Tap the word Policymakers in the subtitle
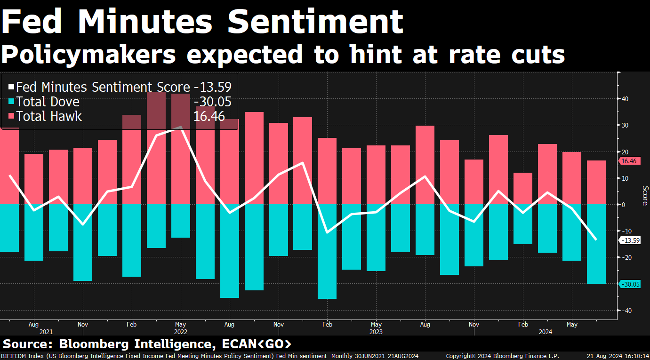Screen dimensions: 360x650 tap(88, 55)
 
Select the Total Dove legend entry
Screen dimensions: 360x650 tap(48, 102)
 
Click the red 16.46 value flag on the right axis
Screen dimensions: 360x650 tap(628, 161)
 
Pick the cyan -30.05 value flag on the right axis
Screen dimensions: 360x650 tap(630, 284)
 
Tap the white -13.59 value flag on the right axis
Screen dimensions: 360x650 tap(630, 240)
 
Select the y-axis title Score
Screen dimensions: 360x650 tap(645, 196)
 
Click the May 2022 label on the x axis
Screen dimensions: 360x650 tap(181, 324)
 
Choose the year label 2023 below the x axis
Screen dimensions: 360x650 tap(376, 332)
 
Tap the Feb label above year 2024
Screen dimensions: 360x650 tap(523, 324)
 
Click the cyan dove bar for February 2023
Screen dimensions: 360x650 tap(327, 251)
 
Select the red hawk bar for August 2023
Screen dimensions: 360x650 tap(425, 165)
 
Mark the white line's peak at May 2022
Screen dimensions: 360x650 tap(181, 127)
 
